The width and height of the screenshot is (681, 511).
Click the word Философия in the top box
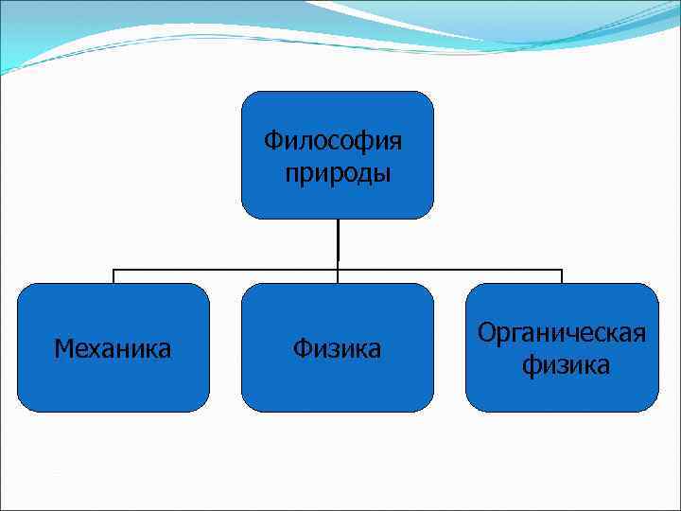(x=332, y=141)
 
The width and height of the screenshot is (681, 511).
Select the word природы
(x=338, y=173)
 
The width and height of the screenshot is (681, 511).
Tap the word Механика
(x=113, y=349)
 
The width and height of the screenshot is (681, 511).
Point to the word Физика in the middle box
(x=337, y=349)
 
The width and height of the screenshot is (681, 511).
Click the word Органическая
(x=562, y=333)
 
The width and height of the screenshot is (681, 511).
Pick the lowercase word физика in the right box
(x=566, y=364)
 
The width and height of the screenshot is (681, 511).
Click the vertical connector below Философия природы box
(x=338, y=242)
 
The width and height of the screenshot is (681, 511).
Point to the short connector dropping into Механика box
(x=113, y=276)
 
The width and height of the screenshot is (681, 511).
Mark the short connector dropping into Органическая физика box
(x=562, y=276)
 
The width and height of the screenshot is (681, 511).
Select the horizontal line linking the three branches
(x=227, y=269)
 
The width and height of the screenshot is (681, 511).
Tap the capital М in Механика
(x=62, y=349)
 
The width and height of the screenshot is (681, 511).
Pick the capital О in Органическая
(x=487, y=333)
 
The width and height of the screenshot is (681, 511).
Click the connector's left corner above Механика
(x=113, y=269)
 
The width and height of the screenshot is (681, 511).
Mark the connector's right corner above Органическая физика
(x=562, y=269)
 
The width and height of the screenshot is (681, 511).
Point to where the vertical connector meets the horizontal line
(x=338, y=269)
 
